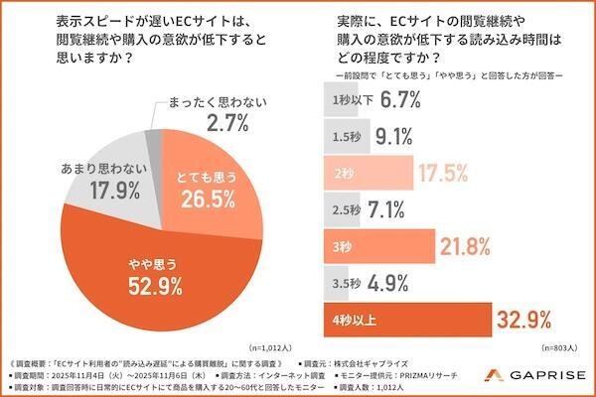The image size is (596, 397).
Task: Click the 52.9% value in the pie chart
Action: tap(154, 289)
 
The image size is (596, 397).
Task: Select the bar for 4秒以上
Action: tap(407, 320)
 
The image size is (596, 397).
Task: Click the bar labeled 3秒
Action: tap(377, 245)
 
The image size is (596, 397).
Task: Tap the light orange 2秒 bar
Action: tap(363, 171)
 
